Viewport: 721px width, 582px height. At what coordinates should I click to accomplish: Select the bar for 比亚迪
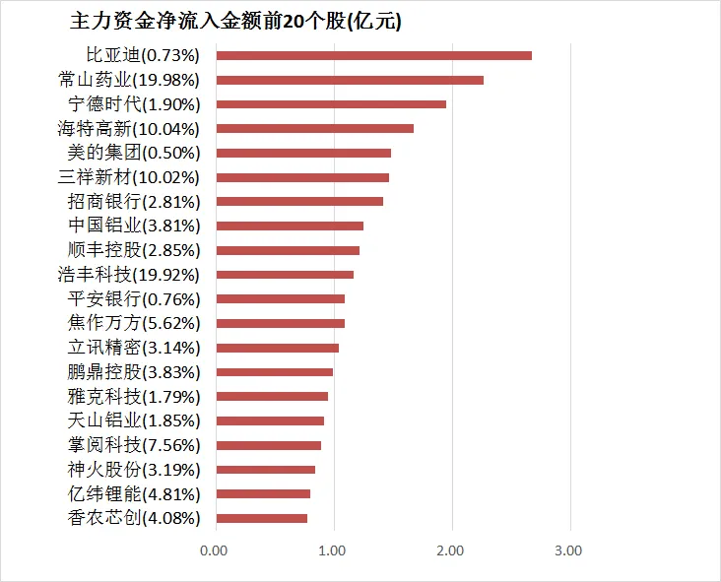[373, 55]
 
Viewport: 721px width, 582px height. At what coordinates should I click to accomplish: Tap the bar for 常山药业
[350, 80]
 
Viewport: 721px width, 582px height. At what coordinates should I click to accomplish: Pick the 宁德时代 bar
[331, 104]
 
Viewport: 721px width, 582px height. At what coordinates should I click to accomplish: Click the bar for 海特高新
[314, 128]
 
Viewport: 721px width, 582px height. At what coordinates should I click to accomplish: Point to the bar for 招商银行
[299, 202]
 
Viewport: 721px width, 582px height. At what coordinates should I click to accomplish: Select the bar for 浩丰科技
[285, 275]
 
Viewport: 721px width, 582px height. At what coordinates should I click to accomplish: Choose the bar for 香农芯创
[261, 518]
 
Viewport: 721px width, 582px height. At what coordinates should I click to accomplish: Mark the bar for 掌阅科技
[268, 445]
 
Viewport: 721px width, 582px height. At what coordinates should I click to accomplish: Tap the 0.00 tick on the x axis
[215, 550]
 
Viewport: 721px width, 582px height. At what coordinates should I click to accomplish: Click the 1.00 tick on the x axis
[333, 550]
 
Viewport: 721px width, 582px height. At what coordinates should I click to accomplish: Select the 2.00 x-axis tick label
[451, 550]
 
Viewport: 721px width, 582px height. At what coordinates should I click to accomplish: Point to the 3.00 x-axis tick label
[569, 550]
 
